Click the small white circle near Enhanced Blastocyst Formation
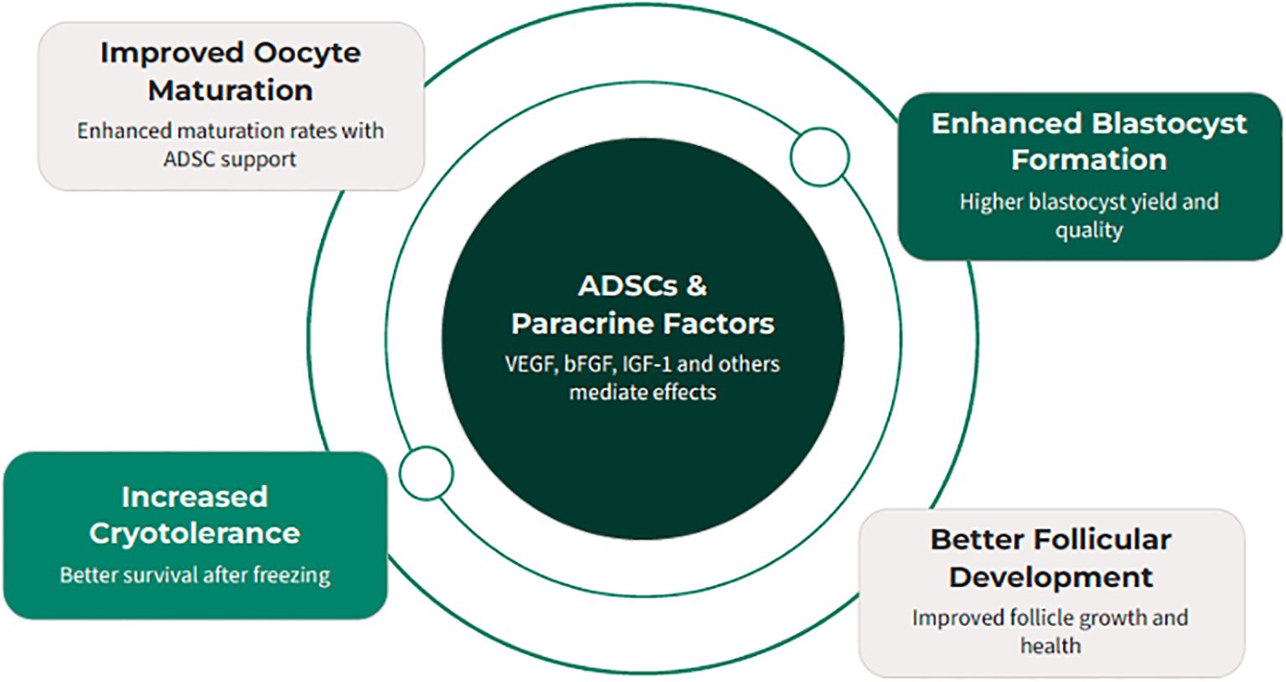click(x=819, y=157)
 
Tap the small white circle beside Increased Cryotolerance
click(x=426, y=473)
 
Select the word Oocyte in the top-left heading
click(x=307, y=53)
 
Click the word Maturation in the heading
click(x=230, y=90)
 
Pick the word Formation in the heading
click(x=1088, y=159)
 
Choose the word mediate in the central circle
click(x=602, y=392)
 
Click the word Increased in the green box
click(x=194, y=497)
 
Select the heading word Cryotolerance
click(x=194, y=534)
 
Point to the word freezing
click(x=292, y=576)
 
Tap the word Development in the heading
click(x=1051, y=577)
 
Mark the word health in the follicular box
click(x=1050, y=646)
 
